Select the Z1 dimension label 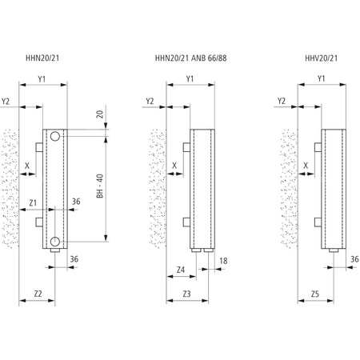34,202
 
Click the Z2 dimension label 38,294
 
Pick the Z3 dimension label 186,294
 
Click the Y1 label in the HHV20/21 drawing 321,78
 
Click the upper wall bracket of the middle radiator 185,148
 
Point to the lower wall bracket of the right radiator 318,222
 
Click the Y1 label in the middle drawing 190,78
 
